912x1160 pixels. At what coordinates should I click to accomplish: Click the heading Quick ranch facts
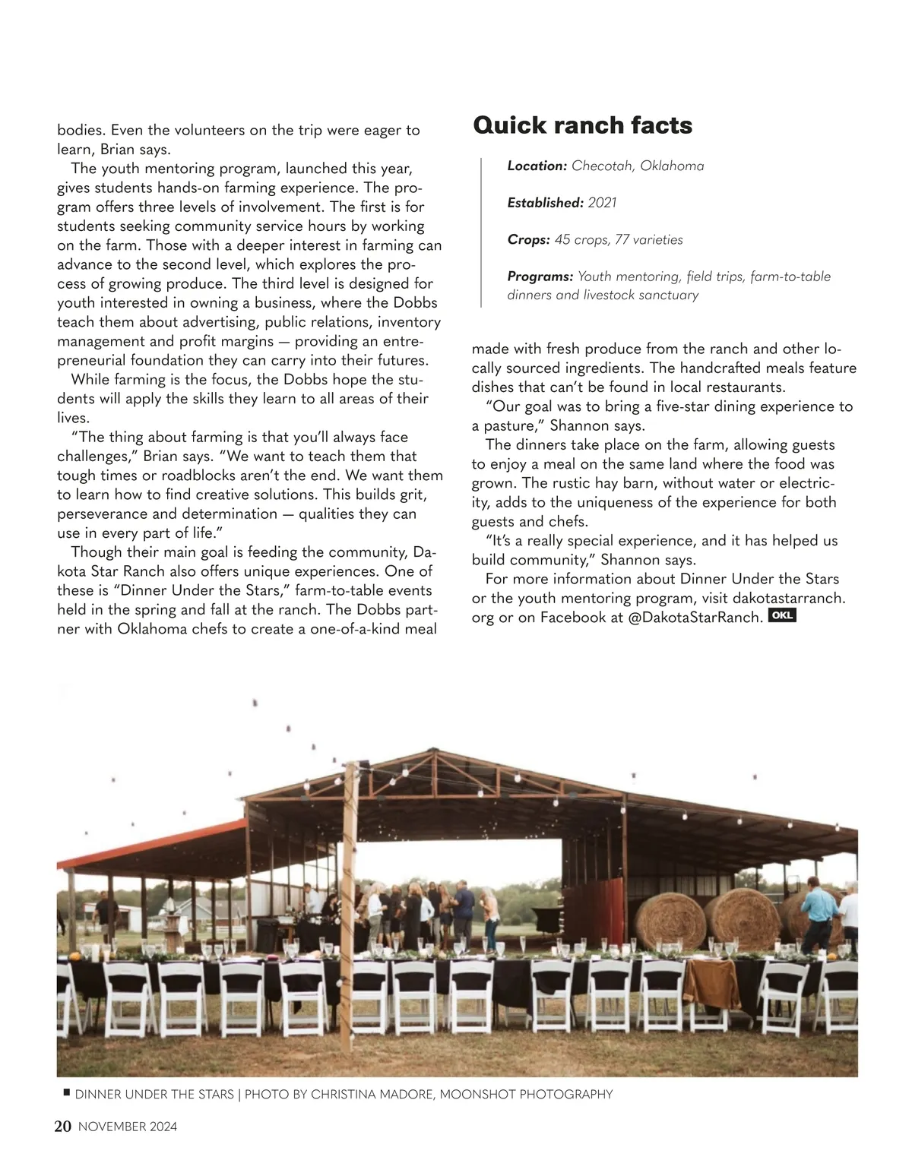click(582, 125)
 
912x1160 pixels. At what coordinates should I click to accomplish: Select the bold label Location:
click(537, 166)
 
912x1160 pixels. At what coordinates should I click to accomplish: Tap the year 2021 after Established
click(602, 203)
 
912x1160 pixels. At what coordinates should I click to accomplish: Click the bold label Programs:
click(540, 277)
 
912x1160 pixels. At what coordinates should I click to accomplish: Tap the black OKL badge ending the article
click(782, 615)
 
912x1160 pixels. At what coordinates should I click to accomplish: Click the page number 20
click(62, 1127)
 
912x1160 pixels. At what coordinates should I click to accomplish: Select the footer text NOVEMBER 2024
click(128, 1127)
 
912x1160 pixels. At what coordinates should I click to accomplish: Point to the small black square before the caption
click(66, 1092)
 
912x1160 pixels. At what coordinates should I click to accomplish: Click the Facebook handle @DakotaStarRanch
click(695, 618)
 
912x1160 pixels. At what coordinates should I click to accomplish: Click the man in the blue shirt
click(821, 912)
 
